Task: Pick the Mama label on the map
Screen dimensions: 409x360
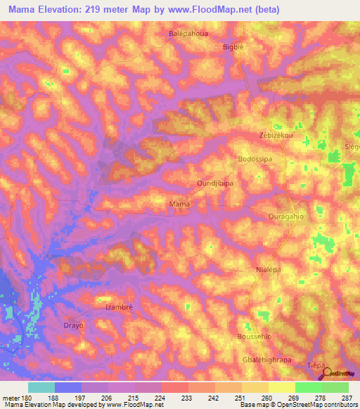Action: tap(180, 204)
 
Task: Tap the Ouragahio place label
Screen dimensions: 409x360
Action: tap(286, 216)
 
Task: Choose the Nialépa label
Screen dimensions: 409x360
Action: tap(269, 270)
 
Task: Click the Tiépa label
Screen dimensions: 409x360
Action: tap(316, 366)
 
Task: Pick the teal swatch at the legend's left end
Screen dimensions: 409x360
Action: tap(41, 387)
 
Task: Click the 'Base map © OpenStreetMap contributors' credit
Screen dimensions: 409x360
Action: tap(296, 405)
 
